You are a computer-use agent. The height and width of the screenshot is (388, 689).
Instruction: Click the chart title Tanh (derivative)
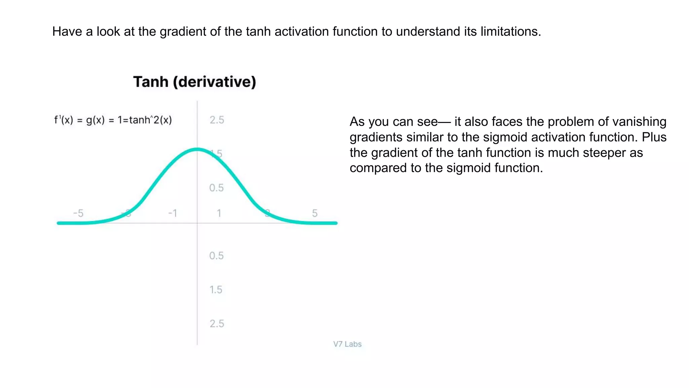[194, 82]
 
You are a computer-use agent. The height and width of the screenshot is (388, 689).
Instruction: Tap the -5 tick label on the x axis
[78, 213]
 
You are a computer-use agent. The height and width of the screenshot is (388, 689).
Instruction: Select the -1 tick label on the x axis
[173, 213]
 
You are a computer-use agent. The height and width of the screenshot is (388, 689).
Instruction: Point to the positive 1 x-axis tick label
[219, 213]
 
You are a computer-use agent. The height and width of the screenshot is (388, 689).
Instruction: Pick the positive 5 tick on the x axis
[315, 213]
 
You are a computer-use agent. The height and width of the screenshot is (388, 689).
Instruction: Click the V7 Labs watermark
[347, 344]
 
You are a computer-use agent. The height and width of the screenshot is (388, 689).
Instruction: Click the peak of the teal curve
[197, 149]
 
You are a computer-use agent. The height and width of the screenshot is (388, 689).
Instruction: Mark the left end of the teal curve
[59, 223]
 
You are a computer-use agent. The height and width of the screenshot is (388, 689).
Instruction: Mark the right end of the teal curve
[336, 223]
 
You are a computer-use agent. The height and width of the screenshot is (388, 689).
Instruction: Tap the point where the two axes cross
[197, 223]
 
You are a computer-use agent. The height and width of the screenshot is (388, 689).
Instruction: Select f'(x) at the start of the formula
[64, 120]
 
